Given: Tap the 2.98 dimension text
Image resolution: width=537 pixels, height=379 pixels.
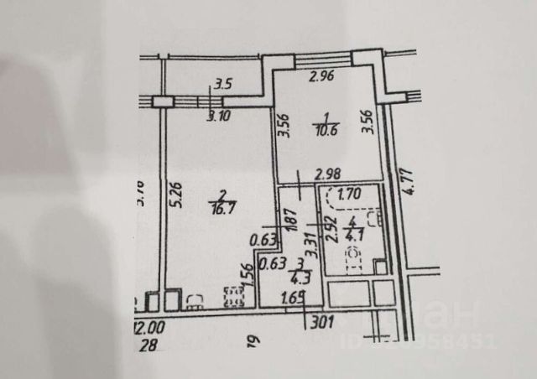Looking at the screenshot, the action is [x=328, y=176].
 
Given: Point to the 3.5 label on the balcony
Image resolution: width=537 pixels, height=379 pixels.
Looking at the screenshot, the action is [x=222, y=84].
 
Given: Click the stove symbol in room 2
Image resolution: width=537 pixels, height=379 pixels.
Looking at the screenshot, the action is [x=232, y=295].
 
